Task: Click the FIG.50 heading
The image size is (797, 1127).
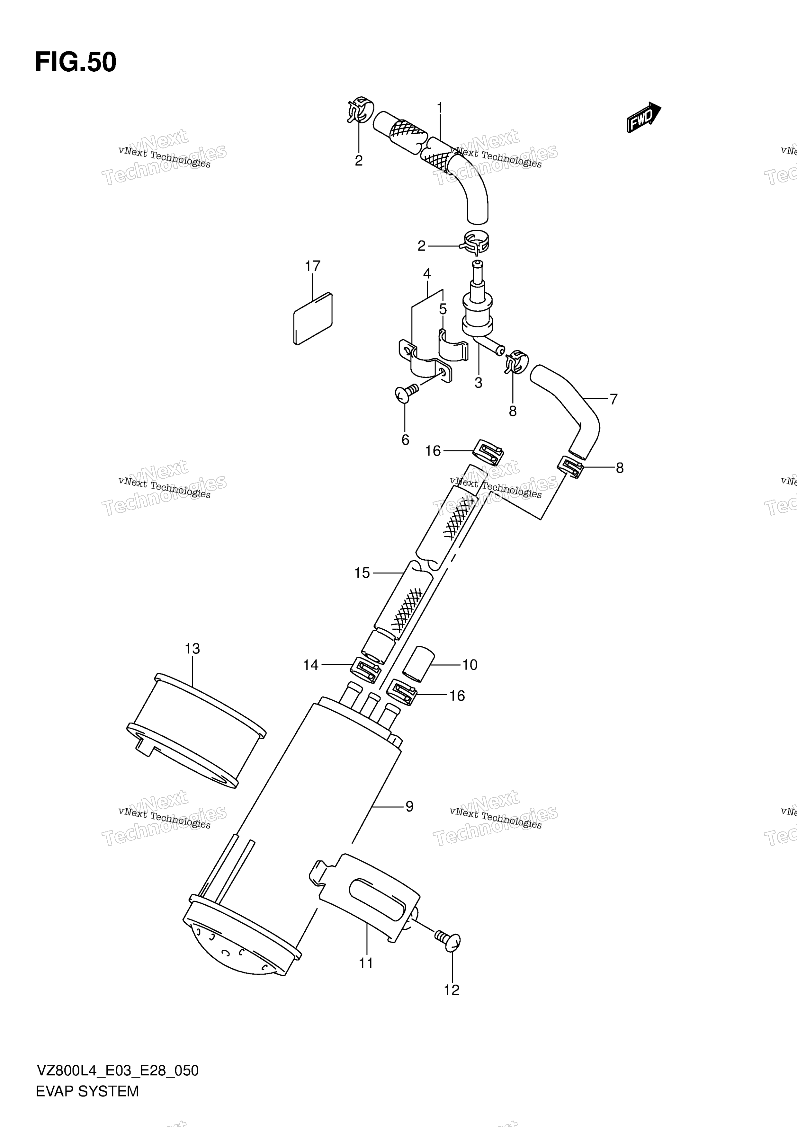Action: (x=76, y=62)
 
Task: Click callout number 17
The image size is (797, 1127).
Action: (x=312, y=266)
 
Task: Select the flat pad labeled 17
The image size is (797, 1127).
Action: (x=313, y=319)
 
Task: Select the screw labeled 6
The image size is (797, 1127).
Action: (x=407, y=392)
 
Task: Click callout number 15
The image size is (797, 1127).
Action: (x=362, y=572)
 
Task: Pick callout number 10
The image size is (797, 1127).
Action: (x=470, y=665)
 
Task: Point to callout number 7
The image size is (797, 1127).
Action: (x=613, y=399)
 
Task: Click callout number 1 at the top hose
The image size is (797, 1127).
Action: (x=440, y=108)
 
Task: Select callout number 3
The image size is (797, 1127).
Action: (x=478, y=382)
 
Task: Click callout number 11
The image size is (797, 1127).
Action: (x=366, y=963)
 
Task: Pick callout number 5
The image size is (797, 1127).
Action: (x=443, y=309)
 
